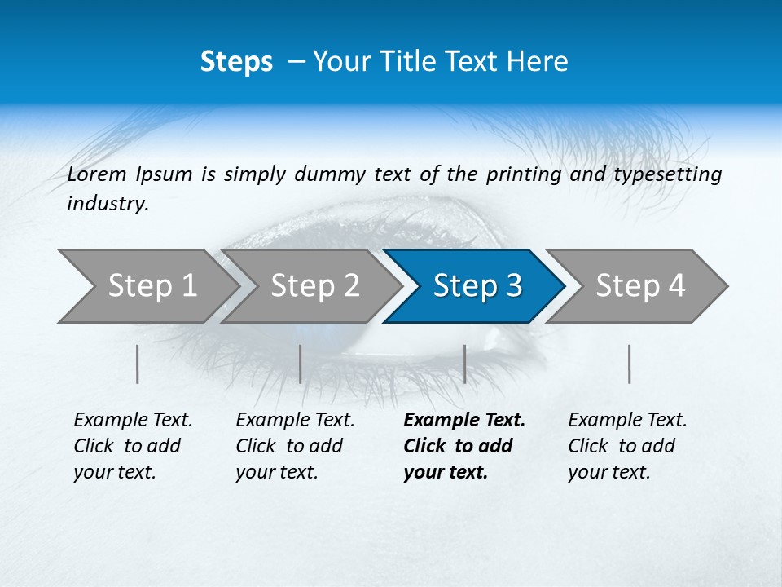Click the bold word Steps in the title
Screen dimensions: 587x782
click(236, 62)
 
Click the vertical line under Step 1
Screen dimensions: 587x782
click(138, 364)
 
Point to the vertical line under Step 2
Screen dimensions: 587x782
click(301, 364)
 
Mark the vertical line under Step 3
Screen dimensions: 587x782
click(465, 364)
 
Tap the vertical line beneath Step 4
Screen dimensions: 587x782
click(630, 364)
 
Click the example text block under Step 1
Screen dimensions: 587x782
click(132, 446)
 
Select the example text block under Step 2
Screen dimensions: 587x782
click(294, 446)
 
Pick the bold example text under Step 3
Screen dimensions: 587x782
click(463, 446)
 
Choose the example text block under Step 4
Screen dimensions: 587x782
click(626, 446)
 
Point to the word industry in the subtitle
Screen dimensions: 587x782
click(107, 204)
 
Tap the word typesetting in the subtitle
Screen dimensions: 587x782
click(674, 174)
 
